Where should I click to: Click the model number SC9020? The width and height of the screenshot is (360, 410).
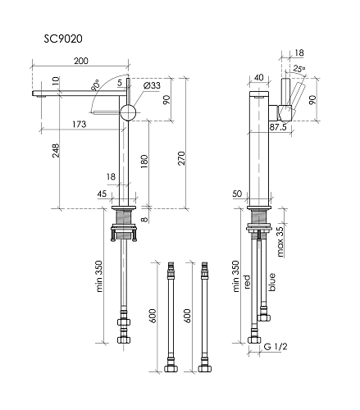63,39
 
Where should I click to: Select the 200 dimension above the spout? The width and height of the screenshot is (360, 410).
81,61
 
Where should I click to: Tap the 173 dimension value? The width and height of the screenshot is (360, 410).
80,125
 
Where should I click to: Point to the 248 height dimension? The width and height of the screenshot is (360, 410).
56,151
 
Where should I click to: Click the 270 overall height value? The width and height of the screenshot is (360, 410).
181,158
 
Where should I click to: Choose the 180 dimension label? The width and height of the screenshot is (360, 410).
144,162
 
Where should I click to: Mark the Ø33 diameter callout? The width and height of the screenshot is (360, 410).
152,85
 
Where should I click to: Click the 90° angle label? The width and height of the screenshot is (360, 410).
95,86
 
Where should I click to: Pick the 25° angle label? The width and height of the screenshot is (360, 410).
298,69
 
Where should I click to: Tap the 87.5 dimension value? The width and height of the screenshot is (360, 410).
278,127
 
